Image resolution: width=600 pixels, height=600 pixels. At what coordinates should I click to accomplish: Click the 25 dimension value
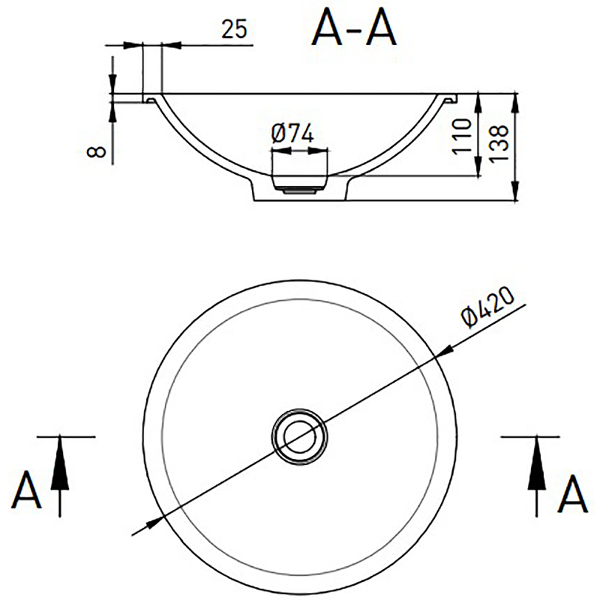tap(234, 29)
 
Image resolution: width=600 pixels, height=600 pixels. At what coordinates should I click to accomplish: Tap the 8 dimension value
tap(97, 151)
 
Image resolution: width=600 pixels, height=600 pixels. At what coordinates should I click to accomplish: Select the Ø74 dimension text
tap(292, 133)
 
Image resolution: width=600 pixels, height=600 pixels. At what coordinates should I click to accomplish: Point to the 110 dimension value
tap(462, 136)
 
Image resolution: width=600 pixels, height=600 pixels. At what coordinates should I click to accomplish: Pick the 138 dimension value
tap(499, 143)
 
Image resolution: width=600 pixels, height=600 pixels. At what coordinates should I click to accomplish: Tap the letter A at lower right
tap(572, 493)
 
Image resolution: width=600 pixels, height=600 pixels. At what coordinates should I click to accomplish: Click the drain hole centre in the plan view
tap(299, 436)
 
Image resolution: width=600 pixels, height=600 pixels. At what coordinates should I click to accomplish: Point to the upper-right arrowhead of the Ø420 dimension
tap(444, 352)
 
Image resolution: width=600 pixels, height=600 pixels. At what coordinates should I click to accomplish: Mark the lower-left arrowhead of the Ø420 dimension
tap(155, 521)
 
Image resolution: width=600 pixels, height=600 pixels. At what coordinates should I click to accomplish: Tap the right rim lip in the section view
tap(449, 98)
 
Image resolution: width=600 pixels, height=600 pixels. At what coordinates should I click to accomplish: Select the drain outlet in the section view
tap(299, 184)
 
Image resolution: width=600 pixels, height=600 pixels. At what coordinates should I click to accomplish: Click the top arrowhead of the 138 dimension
tap(515, 103)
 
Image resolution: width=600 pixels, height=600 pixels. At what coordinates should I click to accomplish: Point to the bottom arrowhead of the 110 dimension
tap(478, 166)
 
